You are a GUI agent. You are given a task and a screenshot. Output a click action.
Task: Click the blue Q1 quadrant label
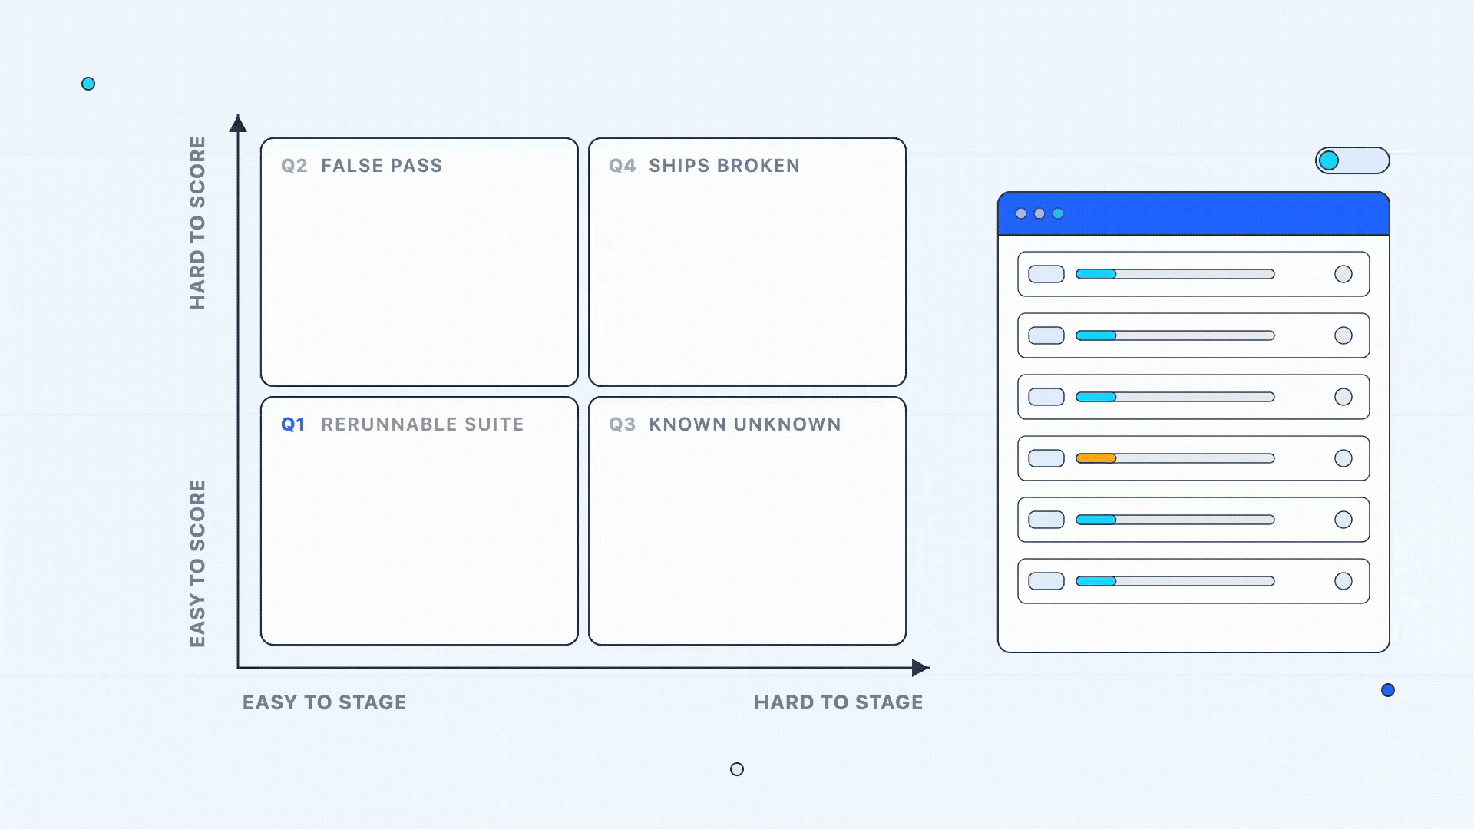tap(293, 424)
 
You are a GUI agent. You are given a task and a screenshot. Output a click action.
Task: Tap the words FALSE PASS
tap(382, 166)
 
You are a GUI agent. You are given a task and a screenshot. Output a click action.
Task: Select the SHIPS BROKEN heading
tap(724, 166)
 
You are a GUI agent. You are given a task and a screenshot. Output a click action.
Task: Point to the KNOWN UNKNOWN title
tap(745, 424)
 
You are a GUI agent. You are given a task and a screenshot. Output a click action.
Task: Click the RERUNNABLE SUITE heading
tap(422, 424)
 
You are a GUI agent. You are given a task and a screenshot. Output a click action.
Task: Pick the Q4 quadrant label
tap(623, 166)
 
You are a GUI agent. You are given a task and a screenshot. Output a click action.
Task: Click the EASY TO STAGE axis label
tap(325, 702)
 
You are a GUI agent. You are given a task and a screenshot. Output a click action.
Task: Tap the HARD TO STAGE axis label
tap(838, 702)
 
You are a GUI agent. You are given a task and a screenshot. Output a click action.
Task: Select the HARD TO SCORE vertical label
tap(197, 223)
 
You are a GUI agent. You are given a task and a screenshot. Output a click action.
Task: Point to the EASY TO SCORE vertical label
tap(197, 563)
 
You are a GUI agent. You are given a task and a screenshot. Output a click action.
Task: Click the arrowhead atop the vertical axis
tap(238, 123)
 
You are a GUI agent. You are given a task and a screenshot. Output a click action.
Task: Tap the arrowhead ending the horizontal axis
tap(920, 668)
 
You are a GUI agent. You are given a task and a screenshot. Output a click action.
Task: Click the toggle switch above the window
tap(1353, 160)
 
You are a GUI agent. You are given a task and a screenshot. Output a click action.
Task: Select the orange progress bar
tap(1096, 458)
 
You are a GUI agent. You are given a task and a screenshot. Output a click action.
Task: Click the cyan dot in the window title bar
tap(1058, 213)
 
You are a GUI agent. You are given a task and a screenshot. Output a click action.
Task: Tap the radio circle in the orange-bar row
tap(1343, 458)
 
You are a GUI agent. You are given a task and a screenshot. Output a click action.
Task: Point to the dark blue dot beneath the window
tap(1388, 690)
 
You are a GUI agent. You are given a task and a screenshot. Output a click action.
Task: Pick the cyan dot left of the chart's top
tap(88, 84)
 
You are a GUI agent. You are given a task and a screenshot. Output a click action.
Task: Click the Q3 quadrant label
tap(623, 424)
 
